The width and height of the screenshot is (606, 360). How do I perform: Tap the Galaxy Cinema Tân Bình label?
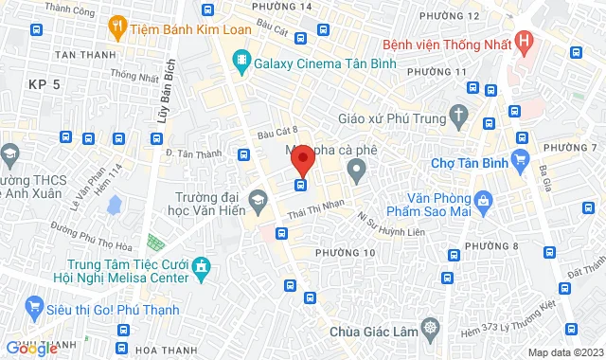point(324,62)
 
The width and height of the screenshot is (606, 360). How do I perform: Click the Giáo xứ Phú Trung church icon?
point(460,117)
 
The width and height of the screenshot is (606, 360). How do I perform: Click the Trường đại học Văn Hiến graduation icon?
point(258,200)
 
